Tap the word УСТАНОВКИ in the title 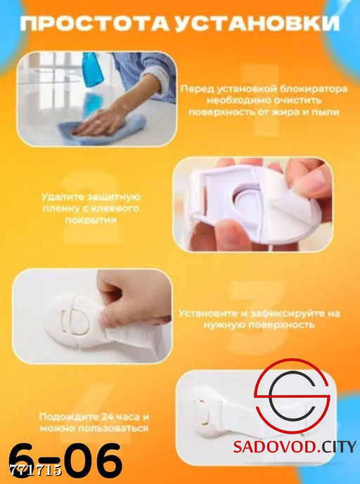point(257,24)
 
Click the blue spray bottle point(93,69)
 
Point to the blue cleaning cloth point(102,130)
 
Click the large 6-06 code point(65,462)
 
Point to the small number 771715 point(36,470)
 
